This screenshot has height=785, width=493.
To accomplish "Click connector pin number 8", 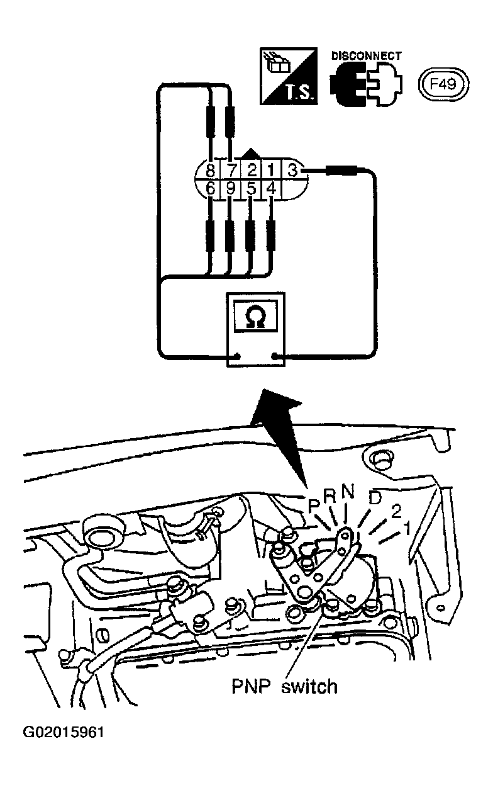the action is tap(210, 171).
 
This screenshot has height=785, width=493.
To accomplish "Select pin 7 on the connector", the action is tap(231, 171).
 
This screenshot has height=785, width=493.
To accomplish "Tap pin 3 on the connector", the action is tap(292, 171).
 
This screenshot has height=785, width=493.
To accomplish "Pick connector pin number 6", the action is tap(210, 189).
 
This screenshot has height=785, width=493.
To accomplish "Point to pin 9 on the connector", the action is tap(230, 189).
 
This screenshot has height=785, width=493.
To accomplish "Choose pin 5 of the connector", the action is tap(251, 189).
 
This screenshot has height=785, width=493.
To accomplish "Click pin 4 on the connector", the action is tap(271, 189).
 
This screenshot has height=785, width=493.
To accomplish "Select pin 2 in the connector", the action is tap(252, 171).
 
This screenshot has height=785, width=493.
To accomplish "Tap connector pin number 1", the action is tap(270, 171).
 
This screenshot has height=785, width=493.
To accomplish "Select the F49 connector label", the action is tap(443, 84).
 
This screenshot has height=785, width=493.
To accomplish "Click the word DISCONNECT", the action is tap(366, 56).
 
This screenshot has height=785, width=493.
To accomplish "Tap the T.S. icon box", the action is tap(289, 76).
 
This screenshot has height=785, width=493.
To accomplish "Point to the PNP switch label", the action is tap(285, 686).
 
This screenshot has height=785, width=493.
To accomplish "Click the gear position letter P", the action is tap(314, 506).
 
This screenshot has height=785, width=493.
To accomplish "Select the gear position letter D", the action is tap(375, 499).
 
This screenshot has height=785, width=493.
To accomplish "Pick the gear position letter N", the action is tap(348, 492).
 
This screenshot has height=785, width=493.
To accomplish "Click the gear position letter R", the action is tap(330, 496).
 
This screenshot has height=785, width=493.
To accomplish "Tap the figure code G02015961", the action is tap(64, 733).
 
